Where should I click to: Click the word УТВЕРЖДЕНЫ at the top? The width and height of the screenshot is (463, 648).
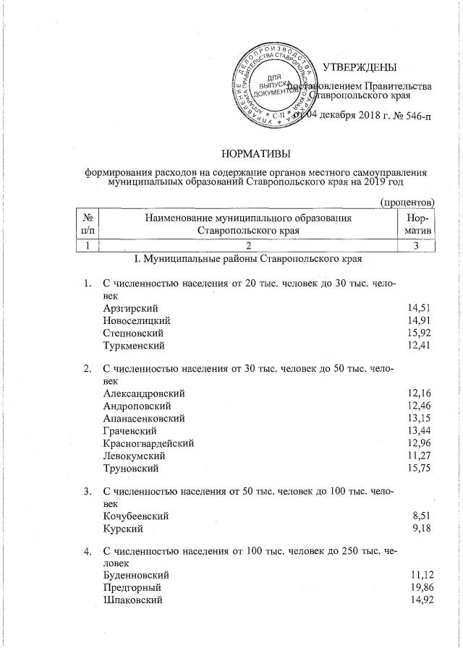[360, 68]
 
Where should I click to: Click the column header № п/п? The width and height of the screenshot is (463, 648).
[88, 223]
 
